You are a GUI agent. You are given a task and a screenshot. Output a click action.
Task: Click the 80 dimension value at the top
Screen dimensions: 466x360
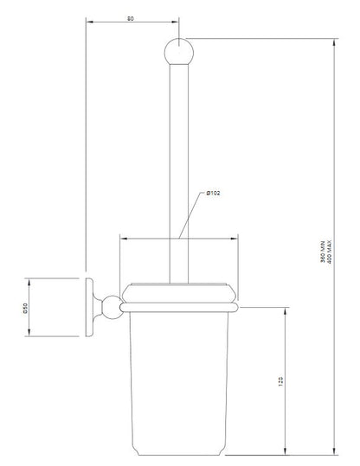point(130,17)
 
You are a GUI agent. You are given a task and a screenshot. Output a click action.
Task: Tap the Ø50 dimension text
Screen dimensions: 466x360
point(25,309)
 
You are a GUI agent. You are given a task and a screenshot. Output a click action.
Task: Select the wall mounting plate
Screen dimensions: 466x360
point(90,309)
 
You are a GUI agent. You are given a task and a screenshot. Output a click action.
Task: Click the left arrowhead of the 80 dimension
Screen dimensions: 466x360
point(88,23)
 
